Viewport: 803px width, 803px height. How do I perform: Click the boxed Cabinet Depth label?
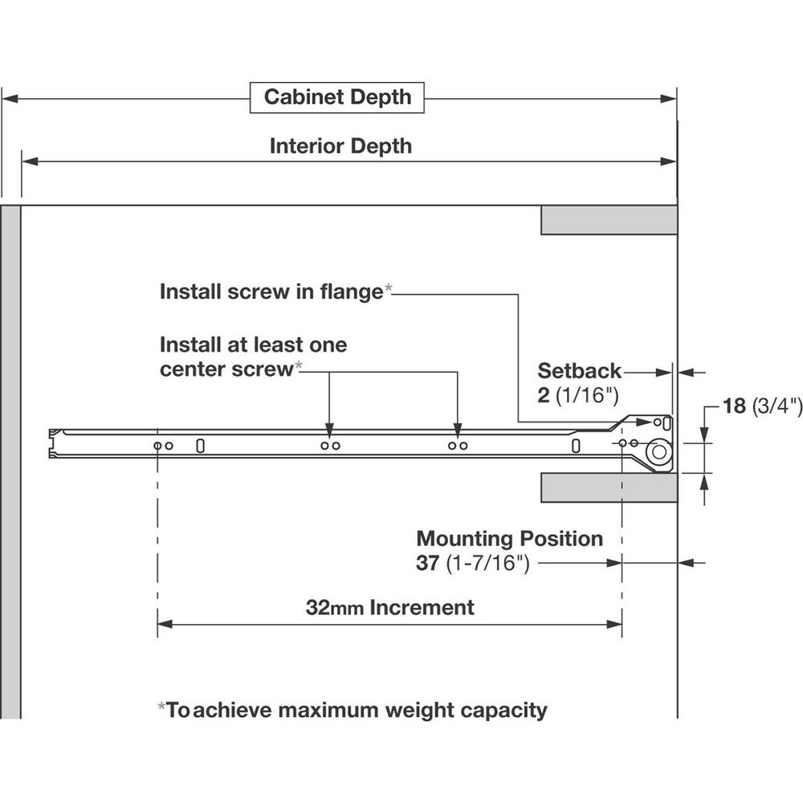[x=337, y=98]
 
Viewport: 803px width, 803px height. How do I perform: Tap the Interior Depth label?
[x=340, y=146]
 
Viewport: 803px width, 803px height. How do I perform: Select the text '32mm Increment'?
[x=389, y=607]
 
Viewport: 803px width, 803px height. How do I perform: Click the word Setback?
[x=580, y=371]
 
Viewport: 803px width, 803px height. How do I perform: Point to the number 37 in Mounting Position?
[x=426, y=563]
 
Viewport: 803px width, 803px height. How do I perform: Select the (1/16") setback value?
[x=588, y=395]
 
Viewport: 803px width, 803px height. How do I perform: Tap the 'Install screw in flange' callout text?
[x=271, y=291]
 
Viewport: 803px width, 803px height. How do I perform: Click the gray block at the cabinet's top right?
[x=609, y=220]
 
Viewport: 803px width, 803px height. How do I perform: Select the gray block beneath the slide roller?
[x=609, y=488]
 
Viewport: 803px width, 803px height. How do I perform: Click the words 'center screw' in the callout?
[x=225, y=369]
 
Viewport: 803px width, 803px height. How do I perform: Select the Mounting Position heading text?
[x=509, y=538]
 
